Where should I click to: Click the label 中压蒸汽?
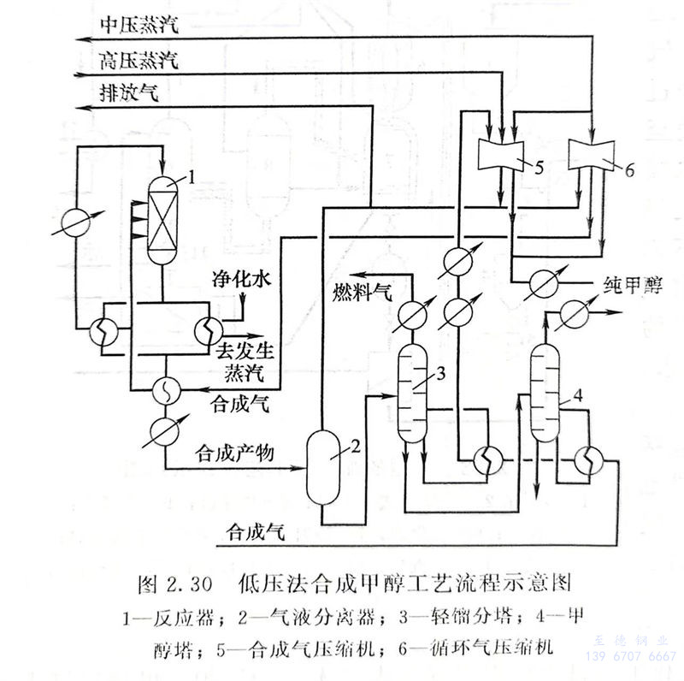tap(138, 24)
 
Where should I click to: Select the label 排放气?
tap(128, 93)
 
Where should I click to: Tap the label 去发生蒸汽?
tap(244, 360)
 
